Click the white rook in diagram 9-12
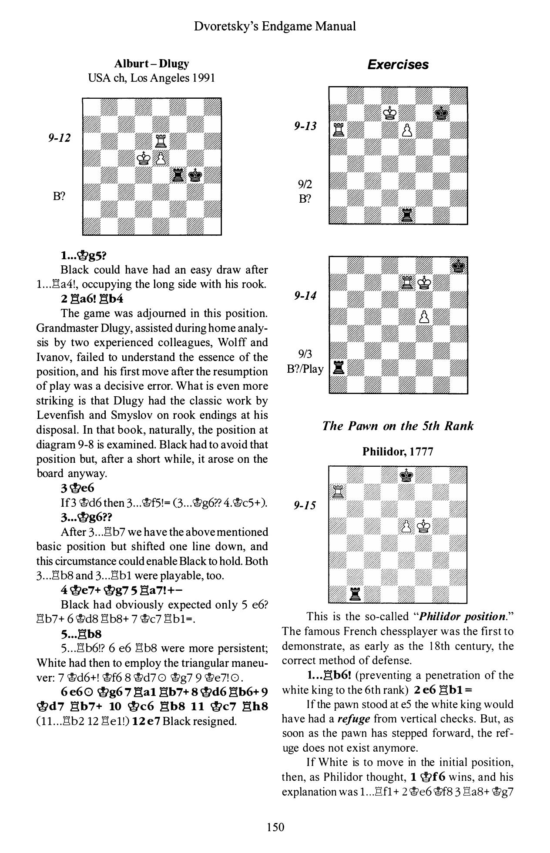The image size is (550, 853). [x=161, y=140]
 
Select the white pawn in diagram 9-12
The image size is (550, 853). [x=161, y=158]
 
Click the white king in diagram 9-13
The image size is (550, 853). [x=389, y=113]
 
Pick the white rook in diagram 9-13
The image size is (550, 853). [x=338, y=130]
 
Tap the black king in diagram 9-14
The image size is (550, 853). [x=458, y=265]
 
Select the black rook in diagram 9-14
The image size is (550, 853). [x=338, y=368]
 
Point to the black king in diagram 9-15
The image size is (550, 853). [x=407, y=475]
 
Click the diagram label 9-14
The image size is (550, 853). [x=305, y=296]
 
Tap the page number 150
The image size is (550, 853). [x=275, y=827]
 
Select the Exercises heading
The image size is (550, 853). [x=398, y=65]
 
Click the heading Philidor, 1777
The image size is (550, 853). [x=398, y=452]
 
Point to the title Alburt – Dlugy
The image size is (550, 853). [x=151, y=64]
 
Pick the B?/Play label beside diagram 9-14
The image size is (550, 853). [x=305, y=369]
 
